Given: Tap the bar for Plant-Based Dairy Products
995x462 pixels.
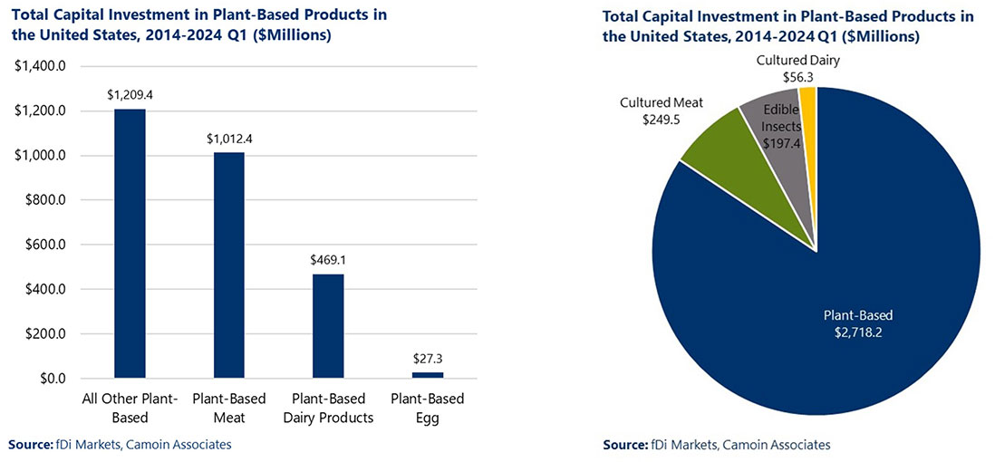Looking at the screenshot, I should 328,325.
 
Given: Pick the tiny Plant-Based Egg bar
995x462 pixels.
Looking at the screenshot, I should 427,374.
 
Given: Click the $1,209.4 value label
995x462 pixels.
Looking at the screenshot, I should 130,93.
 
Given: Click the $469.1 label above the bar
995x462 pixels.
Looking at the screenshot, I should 328,258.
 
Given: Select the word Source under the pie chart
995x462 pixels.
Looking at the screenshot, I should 623,445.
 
